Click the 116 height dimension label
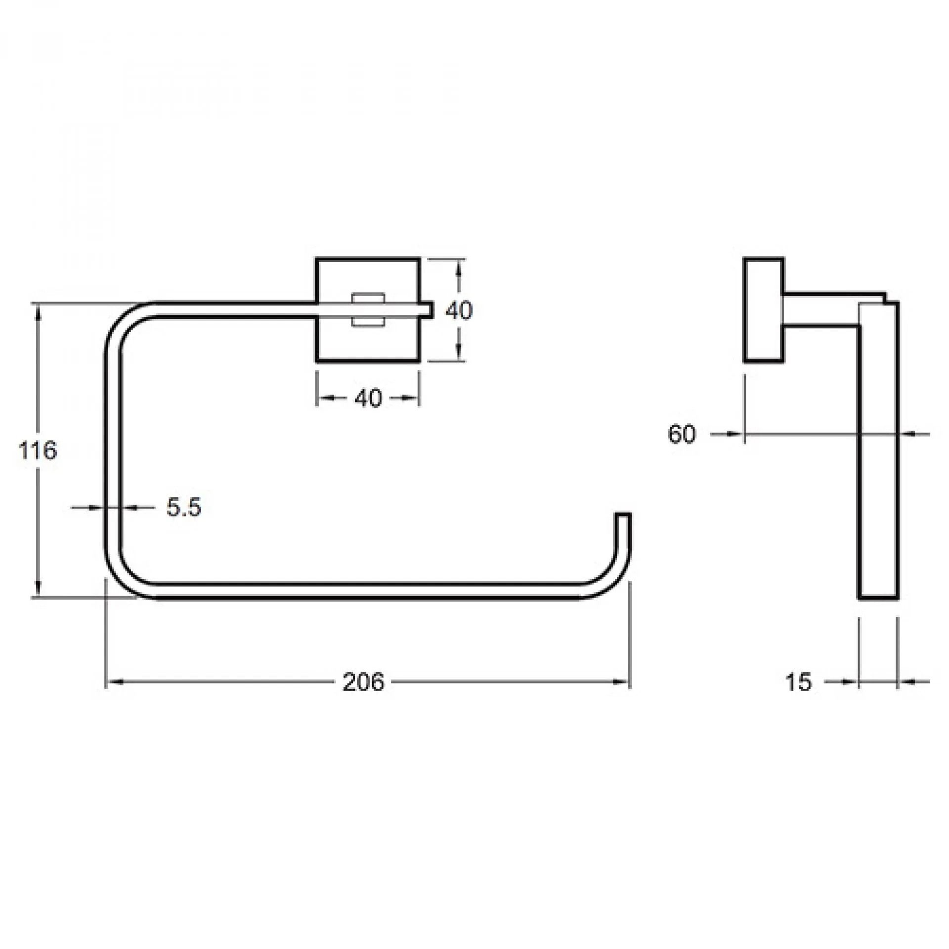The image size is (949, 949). tap(38, 451)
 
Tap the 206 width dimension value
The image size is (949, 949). tap(363, 682)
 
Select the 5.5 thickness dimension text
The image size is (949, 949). tap(184, 507)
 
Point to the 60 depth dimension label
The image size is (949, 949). tap(682, 434)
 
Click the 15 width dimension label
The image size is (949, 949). tap(798, 682)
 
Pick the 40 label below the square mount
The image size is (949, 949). tap(368, 398)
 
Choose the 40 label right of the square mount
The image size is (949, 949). tap(459, 310)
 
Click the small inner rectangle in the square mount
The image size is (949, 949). tap(368, 310)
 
